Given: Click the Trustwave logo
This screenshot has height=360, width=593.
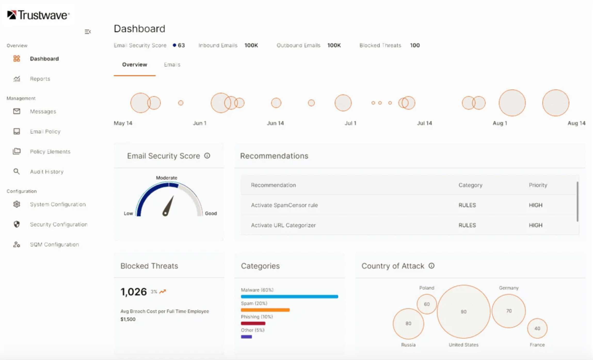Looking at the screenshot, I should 38,15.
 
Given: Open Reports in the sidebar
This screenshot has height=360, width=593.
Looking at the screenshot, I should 40,79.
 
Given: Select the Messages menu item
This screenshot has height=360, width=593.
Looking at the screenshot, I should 43,111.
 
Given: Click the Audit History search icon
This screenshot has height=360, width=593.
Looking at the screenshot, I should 17,171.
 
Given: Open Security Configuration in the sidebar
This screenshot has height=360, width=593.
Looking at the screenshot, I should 58,224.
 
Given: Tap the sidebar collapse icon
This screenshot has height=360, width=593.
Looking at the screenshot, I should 87,32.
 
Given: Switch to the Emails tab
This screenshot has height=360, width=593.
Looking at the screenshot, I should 172,65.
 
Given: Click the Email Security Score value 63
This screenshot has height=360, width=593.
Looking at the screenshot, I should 181,45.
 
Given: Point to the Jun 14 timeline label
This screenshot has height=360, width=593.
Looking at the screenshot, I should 275,123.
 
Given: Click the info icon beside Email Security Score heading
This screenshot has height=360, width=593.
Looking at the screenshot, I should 207,156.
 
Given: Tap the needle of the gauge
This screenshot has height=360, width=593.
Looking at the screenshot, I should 169,206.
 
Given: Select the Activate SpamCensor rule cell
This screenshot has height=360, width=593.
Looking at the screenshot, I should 284,205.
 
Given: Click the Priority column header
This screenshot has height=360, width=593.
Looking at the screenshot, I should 538,185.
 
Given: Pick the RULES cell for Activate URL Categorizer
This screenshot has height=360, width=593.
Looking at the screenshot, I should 467,225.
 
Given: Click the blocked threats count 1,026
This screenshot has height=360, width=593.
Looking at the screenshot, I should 134,292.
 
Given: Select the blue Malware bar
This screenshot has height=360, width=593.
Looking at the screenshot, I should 289,297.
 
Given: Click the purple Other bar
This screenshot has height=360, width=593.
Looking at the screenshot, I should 246,337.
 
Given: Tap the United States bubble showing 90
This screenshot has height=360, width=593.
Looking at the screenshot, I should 463,312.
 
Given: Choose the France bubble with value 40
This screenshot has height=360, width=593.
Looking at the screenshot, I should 537,328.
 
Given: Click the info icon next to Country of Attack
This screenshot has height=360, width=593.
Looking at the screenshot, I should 431,266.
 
